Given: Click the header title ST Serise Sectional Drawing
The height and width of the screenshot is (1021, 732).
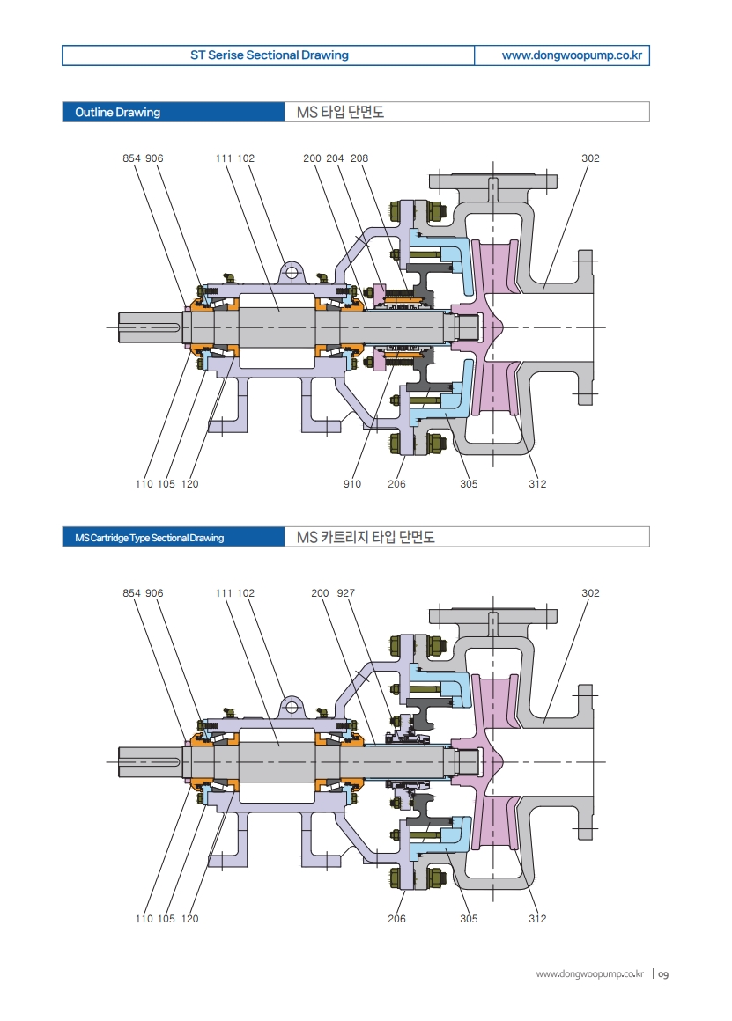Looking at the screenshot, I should pyautogui.click(x=269, y=55).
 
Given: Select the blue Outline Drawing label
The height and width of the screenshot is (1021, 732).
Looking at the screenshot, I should pyautogui.click(x=118, y=113).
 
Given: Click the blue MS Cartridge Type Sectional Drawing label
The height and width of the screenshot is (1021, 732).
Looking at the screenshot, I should pyautogui.click(x=149, y=538).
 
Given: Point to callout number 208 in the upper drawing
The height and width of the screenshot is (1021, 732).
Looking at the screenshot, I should pyautogui.click(x=359, y=158).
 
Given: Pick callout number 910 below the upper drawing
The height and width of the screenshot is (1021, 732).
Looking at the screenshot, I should pyautogui.click(x=352, y=484).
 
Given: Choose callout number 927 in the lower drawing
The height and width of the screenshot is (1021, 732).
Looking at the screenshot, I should pyautogui.click(x=345, y=593).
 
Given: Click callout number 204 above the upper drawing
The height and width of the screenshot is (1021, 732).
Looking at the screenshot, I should pyautogui.click(x=335, y=158).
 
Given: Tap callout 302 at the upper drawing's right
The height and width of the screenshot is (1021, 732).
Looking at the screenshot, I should pyautogui.click(x=590, y=158).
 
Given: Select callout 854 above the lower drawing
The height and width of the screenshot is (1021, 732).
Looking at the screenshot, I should pyautogui.click(x=131, y=593).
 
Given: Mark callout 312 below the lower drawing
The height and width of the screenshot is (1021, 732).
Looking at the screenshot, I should pyautogui.click(x=537, y=919).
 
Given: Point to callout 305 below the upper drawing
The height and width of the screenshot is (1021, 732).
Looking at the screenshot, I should pyautogui.click(x=469, y=484).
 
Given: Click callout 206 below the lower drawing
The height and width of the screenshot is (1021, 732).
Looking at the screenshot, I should pyautogui.click(x=396, y=919).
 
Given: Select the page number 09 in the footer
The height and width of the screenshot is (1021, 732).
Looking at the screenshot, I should pyautogui.click(x=664, y=974).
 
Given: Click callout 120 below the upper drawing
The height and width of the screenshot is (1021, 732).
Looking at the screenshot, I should pyautogui.click(x=189, y=484).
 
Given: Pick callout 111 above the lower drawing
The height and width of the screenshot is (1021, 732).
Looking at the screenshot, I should pyautogui.click(x=224, y=593).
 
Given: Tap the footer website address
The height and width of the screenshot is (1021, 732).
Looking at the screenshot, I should pyautogui.click(x=590, y=974).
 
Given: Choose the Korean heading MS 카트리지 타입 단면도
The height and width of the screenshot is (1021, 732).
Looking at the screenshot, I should pyautogui.click(x=366, y=538).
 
